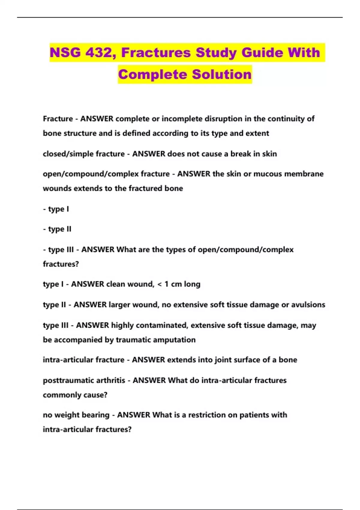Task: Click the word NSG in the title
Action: click(65, 52)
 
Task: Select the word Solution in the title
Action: click(222, 74)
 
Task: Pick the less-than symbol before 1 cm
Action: click(160, 284)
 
